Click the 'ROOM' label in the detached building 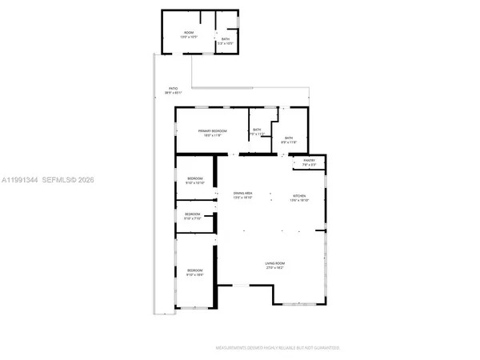[189, 32]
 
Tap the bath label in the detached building [226, 38]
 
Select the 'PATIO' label [173, 89]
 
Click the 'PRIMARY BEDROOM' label [213, 130]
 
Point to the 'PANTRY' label [310, 161]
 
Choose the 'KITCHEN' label [299, 196]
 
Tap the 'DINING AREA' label [243, 194]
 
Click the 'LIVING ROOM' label [276, 263]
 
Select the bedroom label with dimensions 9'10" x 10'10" [195, 178]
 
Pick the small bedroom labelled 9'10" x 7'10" [193, 214]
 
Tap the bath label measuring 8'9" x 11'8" [289, 138]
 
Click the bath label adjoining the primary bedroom [257, 130]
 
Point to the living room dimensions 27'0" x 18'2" [276, 268]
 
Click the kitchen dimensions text [299, 200]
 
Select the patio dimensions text [173, 93]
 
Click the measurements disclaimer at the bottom [278, 348]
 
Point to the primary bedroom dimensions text [213, 135]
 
